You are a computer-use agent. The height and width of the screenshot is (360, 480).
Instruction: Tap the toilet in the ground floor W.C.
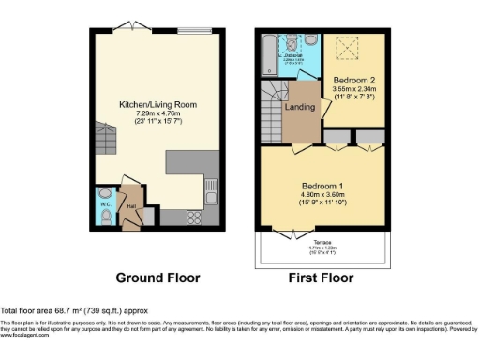coord(106,217)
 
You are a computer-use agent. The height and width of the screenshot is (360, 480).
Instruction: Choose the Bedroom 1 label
coord(322,186)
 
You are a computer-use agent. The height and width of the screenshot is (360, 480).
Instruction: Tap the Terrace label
coord(322,242)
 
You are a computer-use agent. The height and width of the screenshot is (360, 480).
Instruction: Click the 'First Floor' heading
coord(320,278)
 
